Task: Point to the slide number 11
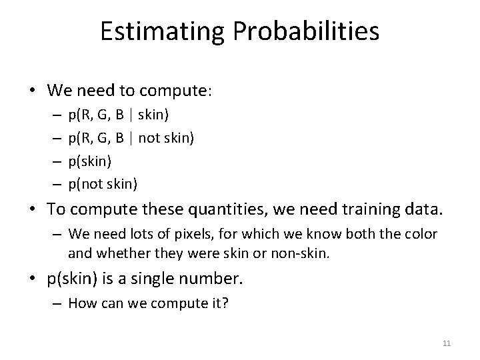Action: [x=447, y=343]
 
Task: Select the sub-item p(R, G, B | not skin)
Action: [x=130, y=138]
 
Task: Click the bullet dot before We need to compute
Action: [x=37, y=90]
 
